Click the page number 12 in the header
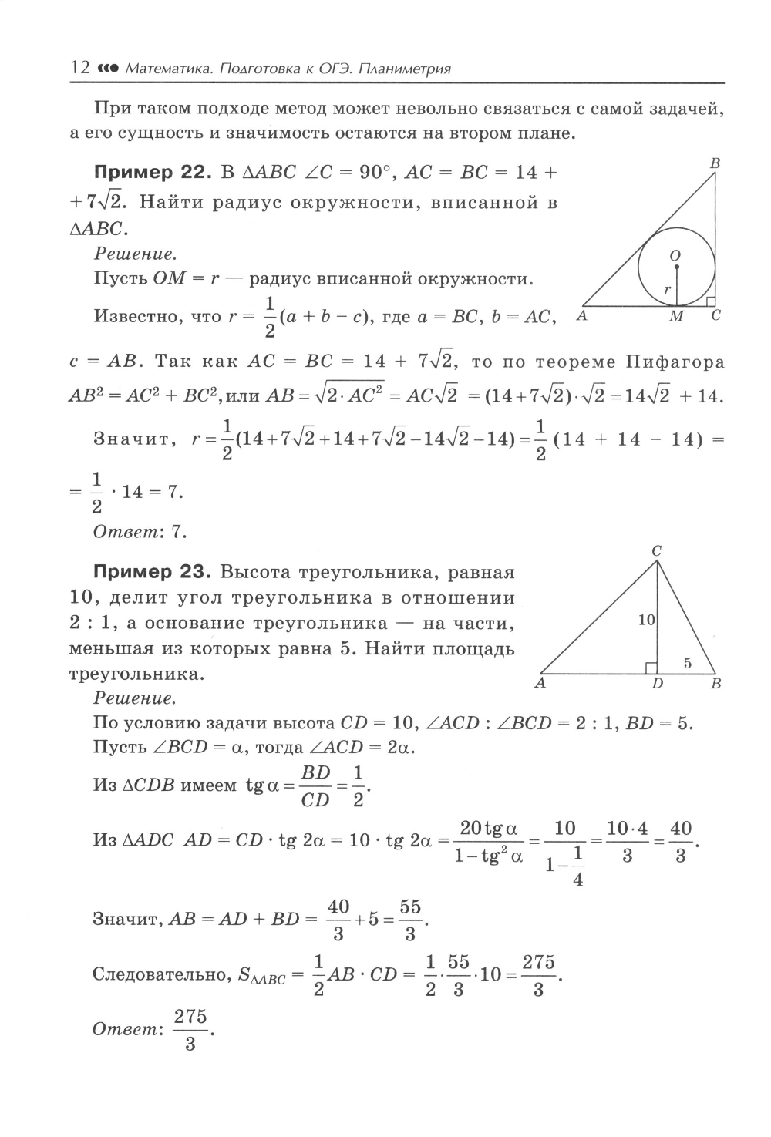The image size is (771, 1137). click(79, 68)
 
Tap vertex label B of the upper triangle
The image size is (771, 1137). click(715, 163)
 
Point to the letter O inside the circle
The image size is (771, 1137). click(675, 255)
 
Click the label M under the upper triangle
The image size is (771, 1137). click(676, 317)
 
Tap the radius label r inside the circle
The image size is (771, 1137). click(668, 290)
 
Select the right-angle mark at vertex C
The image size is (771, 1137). click(710, 299)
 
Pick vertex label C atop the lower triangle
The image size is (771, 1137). click(657, 550)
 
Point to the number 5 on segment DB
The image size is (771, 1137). click(688, 662)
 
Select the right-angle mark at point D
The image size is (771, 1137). click(651, 668)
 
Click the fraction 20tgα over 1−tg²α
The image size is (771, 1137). click(488, 843)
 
